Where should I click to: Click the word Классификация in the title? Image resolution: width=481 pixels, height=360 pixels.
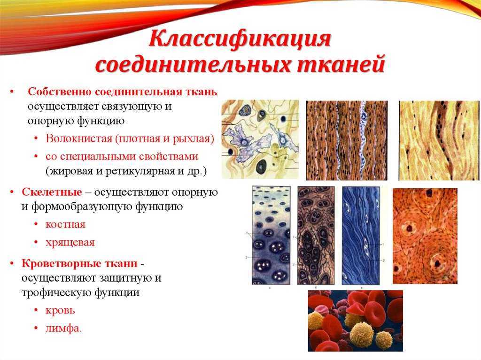tap(240, 39)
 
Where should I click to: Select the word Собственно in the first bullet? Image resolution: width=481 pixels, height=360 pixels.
tap(60, 92)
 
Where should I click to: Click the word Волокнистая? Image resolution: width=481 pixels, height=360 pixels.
tap(79, 138)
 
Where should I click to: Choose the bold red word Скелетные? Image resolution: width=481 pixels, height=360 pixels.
tap(52, 192)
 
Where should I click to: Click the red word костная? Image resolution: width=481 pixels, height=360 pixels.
tap(65, 224)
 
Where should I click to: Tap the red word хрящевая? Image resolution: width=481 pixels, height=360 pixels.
tap(70, 243)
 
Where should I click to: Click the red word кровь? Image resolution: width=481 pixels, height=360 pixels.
tap(60, 310)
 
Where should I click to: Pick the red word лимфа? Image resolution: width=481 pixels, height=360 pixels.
tap(63, 328)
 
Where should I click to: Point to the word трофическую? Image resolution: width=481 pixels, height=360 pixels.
tap(56, 292)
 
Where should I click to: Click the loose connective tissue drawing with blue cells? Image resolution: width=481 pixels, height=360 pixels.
tap(260, 139)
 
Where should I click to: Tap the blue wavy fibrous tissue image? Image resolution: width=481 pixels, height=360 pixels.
tap(361, 236)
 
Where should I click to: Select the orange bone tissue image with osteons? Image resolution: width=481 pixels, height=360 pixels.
tap(425, 236)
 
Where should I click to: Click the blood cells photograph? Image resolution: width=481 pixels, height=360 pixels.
tap(356, 321)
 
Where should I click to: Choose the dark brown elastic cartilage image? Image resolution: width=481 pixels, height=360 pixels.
tap(316, 236)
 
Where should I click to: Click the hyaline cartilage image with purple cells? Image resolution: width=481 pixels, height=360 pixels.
tap(271, 236)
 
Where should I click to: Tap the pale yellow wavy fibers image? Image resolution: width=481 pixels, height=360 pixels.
tap(439, 140)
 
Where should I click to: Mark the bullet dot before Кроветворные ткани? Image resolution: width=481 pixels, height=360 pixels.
tap(12, 264)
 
